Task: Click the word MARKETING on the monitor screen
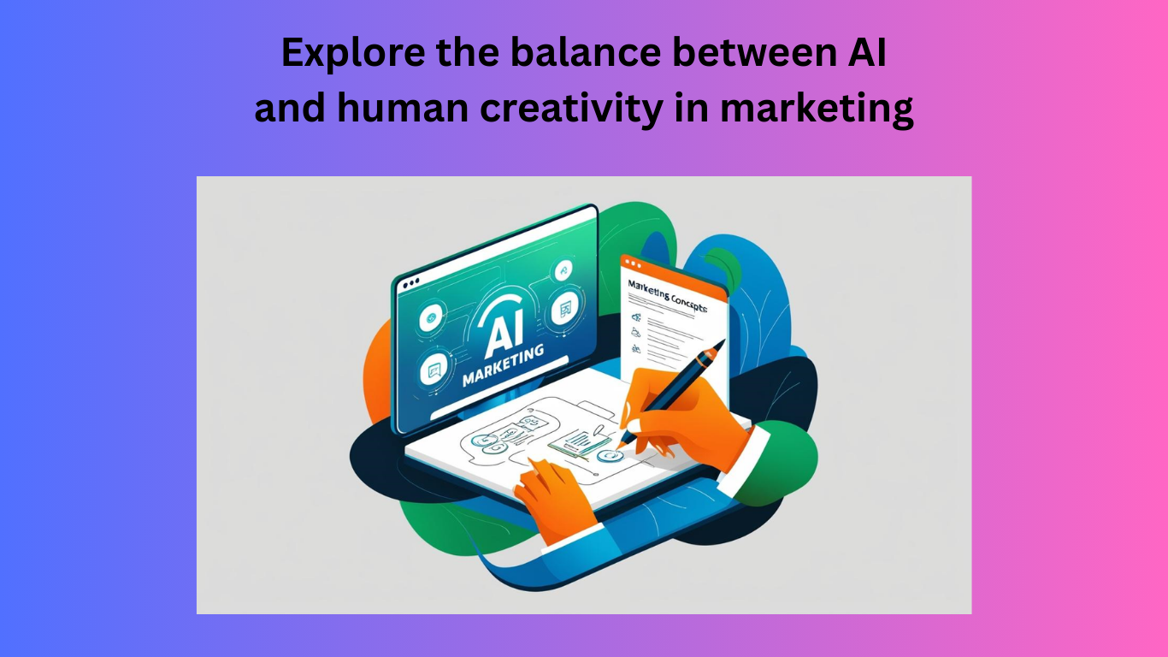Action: tap(503, 365)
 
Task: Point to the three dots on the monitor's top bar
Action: tap(410, 283)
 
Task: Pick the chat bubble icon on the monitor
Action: tap(434, 369)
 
